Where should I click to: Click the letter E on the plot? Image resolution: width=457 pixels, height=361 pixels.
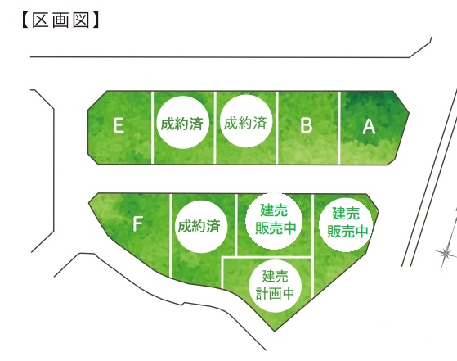pyautogui.click(x=119, y=125)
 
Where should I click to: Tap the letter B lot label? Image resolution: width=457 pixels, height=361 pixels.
pyautogui.click(x=307, y=125)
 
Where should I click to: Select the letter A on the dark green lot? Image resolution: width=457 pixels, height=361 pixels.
pyautogui.click(x=369, y=127)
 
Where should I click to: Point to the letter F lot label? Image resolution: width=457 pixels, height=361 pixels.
pyautogui.click(x=137, y=224)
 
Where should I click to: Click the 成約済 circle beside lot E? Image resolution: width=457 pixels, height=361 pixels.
pyautogui.click(x=183, y=123)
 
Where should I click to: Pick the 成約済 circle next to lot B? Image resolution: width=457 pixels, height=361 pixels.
pyautogui.click(x=246, y=121)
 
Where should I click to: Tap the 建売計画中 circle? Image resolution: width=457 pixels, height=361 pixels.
pyautogui.click(x=276, y=286)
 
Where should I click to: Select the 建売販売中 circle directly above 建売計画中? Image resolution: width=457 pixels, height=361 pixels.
pyautogui.click(x=274, y=221)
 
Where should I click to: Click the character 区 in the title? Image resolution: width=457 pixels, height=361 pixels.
pyautogui.click(x=41, y=20)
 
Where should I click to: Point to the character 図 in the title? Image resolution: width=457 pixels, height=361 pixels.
pyautogui.click(x=81, y=20)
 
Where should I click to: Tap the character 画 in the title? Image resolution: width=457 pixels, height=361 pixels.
pyautogui.click(x=60, y=20)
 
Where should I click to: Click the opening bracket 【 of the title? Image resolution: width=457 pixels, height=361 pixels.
pyautogui.click(x=25, y=20)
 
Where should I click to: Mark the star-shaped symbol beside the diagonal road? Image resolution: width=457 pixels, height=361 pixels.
pyautogui.click(x=445, y=254)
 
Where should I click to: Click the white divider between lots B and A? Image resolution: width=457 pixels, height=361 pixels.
pyautogui.click(x=339, y=128)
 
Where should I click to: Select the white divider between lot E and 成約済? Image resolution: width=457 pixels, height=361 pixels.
pyautogui.click(x=152, y=128)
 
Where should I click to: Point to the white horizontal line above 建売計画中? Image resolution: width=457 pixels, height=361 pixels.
pyautogui.click(x=267, y=257)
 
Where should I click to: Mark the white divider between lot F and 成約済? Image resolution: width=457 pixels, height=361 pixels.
pyautogui.click(x=171, y=235)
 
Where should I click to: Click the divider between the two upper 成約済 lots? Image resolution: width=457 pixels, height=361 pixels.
pyautogui.click(x=215, y=128)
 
